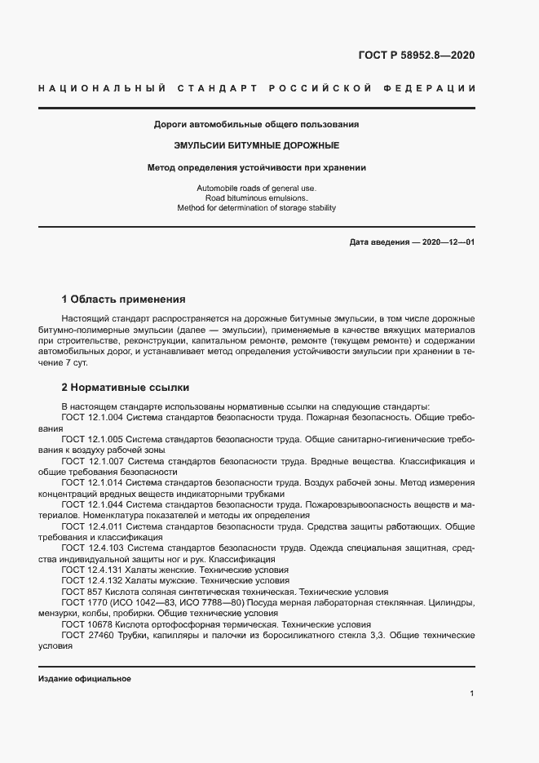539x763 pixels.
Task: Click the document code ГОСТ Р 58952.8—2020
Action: [416, 55]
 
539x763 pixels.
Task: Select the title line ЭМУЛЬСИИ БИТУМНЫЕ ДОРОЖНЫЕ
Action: [256, 145]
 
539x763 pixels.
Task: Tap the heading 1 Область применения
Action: [123, 299]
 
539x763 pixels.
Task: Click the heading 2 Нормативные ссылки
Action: [126, 388]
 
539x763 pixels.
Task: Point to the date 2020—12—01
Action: [447, 242]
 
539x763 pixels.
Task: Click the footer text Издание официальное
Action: [85, 679]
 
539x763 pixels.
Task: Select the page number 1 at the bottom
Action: [472, 694]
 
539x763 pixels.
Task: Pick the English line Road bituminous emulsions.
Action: [256, 198]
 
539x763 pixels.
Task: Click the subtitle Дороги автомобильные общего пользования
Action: [256, 125]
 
